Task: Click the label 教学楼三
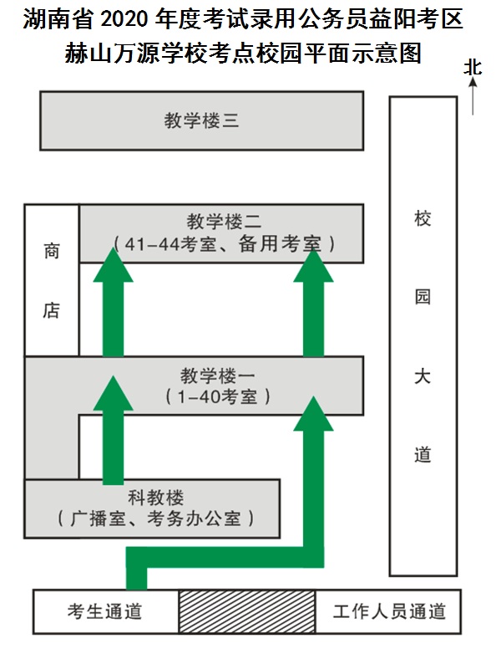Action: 201,120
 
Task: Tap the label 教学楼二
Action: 224,222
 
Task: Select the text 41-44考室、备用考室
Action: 224,244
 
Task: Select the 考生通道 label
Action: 105,611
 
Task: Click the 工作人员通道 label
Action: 389,611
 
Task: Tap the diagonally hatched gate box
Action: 246,611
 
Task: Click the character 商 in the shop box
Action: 52,251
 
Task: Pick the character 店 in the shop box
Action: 52,310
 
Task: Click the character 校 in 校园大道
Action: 423,219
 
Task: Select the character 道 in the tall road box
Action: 423,455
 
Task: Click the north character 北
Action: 473,68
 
